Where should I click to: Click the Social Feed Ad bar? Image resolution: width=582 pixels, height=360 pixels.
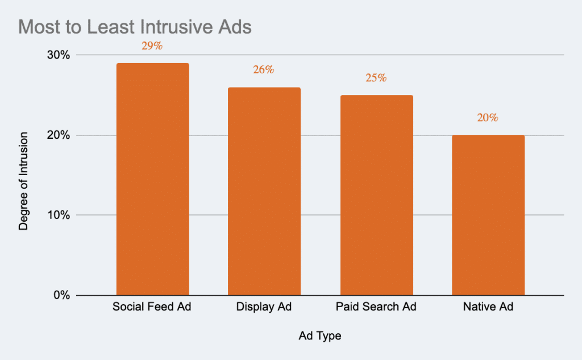pos(152,179)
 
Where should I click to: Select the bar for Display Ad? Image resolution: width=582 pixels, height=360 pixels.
pos(264,191)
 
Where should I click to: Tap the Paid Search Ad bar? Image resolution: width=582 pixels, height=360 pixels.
pos(376,195)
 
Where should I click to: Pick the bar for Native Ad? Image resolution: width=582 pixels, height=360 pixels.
pos(488,215)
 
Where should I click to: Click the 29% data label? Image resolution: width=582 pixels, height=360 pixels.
pos(152,46)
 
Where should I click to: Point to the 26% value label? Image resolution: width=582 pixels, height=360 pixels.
pos(264,70)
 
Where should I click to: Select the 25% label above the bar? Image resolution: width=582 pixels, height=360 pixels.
pos(376,78)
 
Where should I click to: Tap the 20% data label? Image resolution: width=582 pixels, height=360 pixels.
pos(488,118)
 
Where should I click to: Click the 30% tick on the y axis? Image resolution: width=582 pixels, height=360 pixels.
pos(58,55)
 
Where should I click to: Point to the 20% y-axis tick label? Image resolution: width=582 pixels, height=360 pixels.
pos(58,135)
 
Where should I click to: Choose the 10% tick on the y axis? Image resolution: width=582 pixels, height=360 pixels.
pos(58,216)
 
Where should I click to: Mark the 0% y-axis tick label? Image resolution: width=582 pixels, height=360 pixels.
pos(61,296)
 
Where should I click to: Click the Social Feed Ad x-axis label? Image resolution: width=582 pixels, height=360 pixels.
pos(152,308)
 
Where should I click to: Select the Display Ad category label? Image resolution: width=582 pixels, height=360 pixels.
pos(264,308)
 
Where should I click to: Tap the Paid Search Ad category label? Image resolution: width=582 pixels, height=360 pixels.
pos(376,308)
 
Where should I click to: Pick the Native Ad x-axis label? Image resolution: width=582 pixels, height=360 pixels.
pos(488,308)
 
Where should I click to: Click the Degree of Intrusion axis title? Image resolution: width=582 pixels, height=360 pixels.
pos(23,181)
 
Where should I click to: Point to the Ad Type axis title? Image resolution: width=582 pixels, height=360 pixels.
pos(320,336)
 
